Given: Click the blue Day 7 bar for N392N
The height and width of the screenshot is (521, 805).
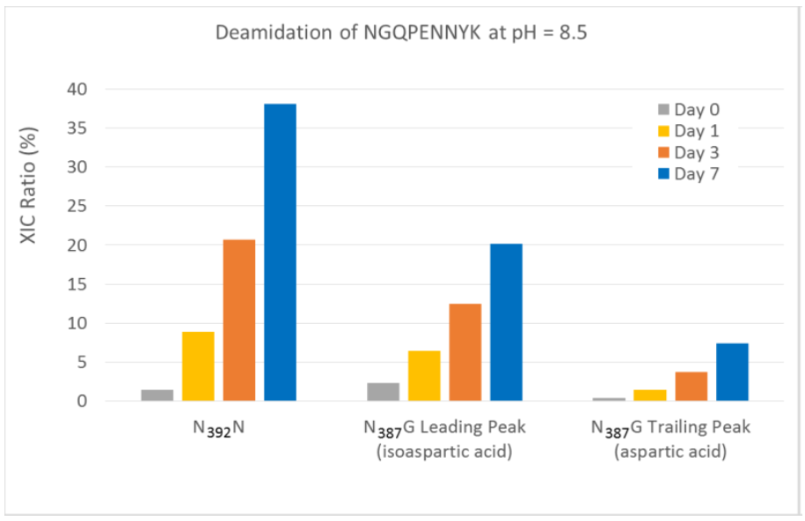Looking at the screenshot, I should [280, 253].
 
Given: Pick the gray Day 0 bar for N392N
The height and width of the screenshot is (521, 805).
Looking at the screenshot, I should [157, 395].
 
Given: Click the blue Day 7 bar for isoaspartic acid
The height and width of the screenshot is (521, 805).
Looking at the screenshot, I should [506, 322].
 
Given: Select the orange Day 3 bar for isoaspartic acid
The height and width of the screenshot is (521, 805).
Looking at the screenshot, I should [465, 352].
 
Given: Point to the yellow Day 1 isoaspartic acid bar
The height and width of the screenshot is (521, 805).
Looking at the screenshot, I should [424, 376].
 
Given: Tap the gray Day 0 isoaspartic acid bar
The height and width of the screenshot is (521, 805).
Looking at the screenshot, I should [383, 392].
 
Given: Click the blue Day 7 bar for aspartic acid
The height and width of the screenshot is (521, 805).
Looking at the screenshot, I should [732, 372].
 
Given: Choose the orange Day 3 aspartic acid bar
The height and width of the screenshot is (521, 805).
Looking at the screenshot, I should [692, 386].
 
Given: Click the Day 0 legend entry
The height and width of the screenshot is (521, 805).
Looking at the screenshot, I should [690, 110].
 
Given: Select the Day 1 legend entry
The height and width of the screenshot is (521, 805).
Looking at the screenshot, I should [690, 131].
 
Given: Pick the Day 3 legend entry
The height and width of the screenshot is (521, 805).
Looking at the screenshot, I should [690, 152].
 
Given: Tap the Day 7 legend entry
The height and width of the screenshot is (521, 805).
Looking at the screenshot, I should [690, 173].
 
